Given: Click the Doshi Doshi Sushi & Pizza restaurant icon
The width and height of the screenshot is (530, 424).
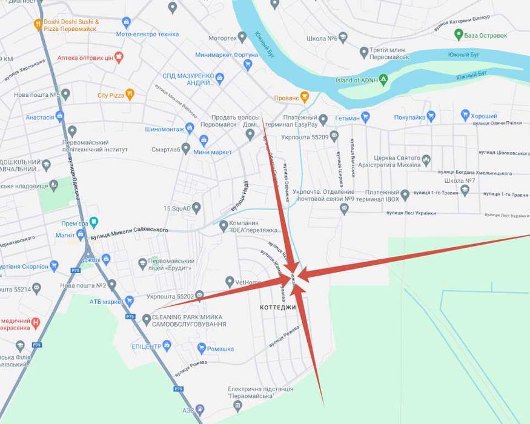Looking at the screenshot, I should point(38,24).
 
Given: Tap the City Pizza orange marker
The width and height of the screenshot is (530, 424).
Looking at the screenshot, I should point(129,95).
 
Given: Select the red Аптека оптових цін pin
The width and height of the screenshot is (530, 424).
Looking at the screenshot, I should point(119,58).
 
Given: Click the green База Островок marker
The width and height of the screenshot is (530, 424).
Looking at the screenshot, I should point(459,35).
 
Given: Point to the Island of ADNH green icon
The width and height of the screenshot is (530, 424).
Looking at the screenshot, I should point(383,80).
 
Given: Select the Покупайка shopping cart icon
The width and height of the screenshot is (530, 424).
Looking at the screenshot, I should point(431,116).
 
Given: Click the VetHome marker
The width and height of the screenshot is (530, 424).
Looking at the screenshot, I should point(230,282).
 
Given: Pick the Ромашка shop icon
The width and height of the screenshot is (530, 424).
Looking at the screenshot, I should point(202,348).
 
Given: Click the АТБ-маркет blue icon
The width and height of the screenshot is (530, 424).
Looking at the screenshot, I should point(129,301).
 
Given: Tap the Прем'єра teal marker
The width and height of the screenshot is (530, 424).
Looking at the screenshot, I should point(93,222).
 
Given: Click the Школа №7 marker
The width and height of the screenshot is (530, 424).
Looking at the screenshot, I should point(465,190).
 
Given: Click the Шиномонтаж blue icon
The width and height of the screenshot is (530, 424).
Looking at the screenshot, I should point(190,128).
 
